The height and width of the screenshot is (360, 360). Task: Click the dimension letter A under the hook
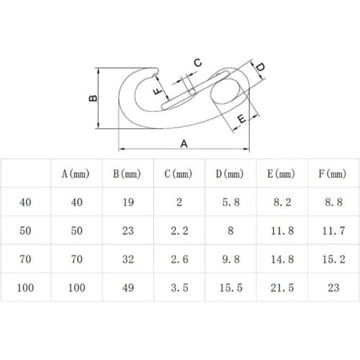(x=184, y=143)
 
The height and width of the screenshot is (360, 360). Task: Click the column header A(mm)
(x=75, y=174)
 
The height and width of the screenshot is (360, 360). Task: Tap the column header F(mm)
(x=332, y=174)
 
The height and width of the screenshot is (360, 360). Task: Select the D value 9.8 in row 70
(x=229, y=258)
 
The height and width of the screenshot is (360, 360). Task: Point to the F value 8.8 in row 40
(x=332, y=203)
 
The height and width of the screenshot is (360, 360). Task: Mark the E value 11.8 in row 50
(x=280, y=231)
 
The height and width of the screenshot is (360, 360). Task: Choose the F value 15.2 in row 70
(x=332, y=258)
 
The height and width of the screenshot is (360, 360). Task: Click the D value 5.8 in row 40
(x=229, y=203)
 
